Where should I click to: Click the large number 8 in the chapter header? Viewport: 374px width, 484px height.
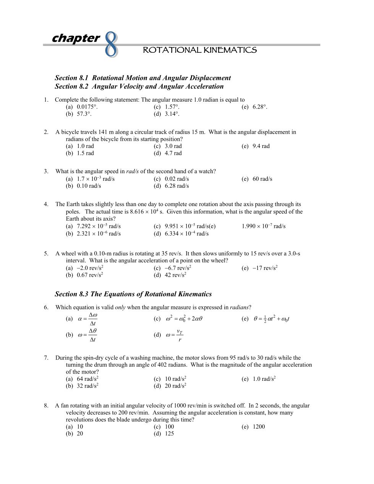click(x=111, y=45)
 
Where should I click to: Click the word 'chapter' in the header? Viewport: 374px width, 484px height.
click(x=76, y=38)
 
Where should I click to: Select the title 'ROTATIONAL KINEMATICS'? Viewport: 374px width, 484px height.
click(x=199, y=50)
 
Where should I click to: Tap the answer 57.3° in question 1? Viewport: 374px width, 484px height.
click(x=84, y=114)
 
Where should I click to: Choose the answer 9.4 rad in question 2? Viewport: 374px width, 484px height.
click(x=261, y=146)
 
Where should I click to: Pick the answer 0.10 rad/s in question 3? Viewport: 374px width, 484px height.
click(x=89, y=186)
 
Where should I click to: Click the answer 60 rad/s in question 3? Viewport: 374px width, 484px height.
click(x=262, y=179)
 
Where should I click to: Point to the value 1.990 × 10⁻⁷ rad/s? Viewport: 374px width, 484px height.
click(x=263, y=226)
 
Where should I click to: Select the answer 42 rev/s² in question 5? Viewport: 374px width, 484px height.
click(x=175, y=275)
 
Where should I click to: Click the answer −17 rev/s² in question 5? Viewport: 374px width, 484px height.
click(x=265, y=268)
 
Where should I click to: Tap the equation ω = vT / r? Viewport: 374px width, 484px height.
click(x=175, y=335)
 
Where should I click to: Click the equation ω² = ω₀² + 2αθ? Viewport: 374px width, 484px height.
click(x=184, y=318)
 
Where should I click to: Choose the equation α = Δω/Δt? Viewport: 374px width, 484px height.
click(x=88, y=319)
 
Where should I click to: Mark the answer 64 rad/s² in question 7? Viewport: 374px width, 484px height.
click(x=87, y=379)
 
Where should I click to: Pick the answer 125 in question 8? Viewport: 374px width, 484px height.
click(x=169, y=434)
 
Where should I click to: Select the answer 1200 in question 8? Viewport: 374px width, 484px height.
click(x=259, y=427)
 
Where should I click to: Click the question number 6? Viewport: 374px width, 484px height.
click(x=46, y=307)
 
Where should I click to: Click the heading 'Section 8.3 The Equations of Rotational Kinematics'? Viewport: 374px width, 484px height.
click(x=133, y=294)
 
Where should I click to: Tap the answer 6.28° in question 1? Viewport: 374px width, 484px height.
click(x=260, y=107)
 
